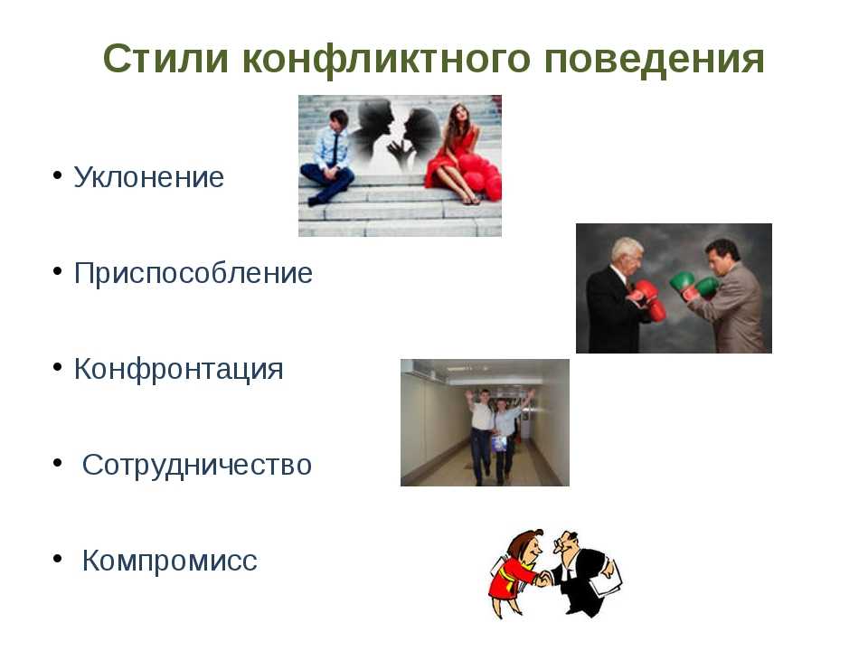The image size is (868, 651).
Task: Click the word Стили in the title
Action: coord(165,59)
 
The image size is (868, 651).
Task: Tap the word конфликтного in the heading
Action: coord(386,60)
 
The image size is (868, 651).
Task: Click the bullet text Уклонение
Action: coord(149,177)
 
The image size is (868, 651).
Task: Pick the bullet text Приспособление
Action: coord(193,273)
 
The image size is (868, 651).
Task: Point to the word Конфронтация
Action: coord(178,369)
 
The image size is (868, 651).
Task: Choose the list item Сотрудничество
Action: coord(197,465)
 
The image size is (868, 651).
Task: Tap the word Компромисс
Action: coord(169,561)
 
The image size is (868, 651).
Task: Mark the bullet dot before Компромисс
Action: coord(57,559)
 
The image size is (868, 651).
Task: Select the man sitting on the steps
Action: coord(329,157)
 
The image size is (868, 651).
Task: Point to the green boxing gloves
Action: coord(694,284)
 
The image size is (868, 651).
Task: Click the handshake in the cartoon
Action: coord(543,579)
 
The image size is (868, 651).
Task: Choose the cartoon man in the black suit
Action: coord(584,573)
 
